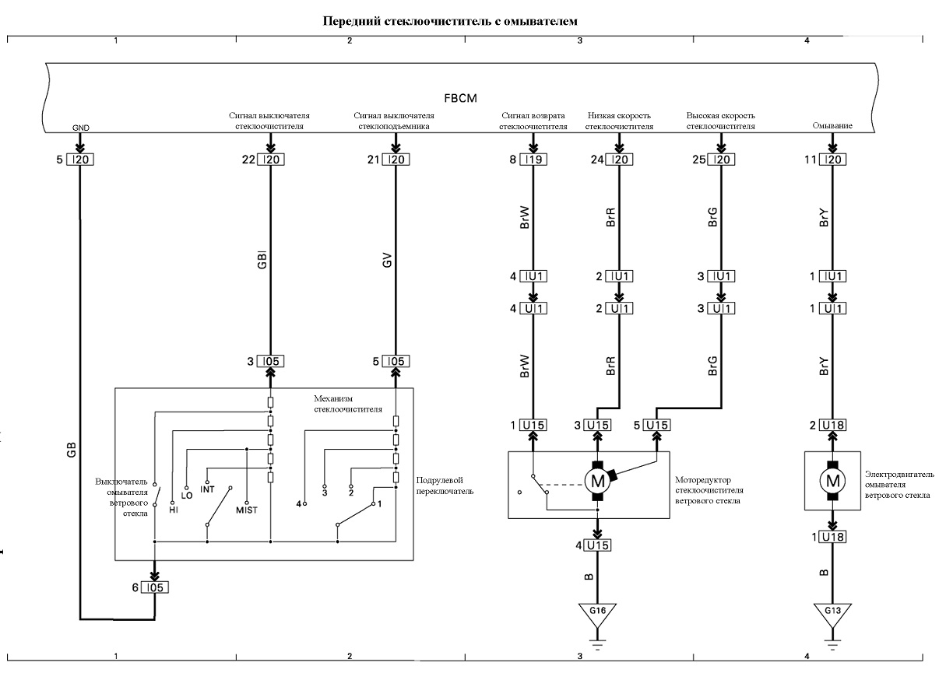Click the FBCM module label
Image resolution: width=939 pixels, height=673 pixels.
(x=460, y=98)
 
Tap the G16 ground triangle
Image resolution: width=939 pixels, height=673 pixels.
(x=597, y=612)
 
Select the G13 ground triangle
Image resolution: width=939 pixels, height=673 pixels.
(x=832, y=612)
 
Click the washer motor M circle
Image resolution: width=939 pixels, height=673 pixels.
(x=832, y=481)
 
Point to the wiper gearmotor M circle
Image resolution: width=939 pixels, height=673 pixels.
(x=597, y=481)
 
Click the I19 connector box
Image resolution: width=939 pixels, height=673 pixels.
(x=533, y=159)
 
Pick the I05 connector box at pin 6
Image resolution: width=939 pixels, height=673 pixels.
(x=155, y=587)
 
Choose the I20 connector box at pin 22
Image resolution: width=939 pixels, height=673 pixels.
(x=271, y=159)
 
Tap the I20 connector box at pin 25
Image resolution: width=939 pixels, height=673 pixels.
(x=721, y=159)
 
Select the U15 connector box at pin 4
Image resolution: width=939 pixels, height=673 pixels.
(x=597, y=545)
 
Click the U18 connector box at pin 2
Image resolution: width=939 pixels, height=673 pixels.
(x=832, y=425)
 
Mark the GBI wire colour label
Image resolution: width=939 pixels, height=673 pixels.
(x=262, y=260)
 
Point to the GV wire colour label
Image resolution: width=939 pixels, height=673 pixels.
(x=387, y=260)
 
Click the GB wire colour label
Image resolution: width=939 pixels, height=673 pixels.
(x=72, y=450)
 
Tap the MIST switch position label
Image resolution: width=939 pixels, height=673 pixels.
(x=247, y=510)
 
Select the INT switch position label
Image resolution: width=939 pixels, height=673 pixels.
(x=207, y=489)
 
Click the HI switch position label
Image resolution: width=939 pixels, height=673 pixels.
(x=174, y=510)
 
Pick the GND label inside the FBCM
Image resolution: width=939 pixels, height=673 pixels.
(x=80, y=128)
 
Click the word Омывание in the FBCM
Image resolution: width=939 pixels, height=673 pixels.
(x=832, y=125)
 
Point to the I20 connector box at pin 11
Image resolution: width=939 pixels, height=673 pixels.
(x=832, y=159)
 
